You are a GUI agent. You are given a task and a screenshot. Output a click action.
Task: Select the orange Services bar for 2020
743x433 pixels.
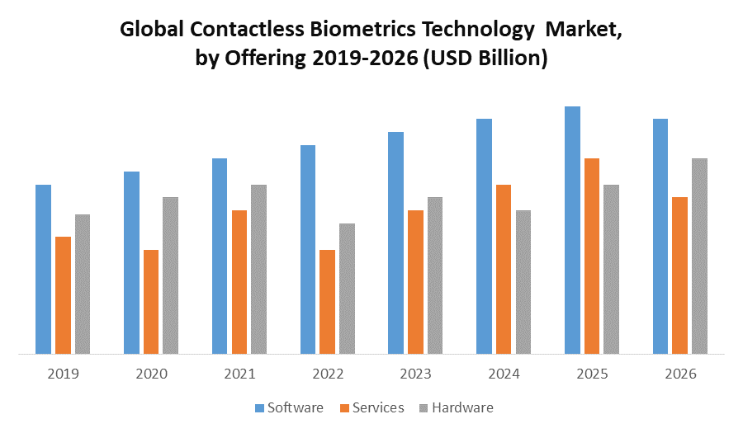tap(151, 302)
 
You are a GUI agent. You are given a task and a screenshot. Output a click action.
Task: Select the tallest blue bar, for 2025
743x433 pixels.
tap(572, 230)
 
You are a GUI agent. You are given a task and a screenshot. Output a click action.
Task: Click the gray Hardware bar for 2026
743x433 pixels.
tap(699, 257)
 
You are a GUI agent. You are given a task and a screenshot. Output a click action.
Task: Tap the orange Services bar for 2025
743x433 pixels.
tap(592, 257)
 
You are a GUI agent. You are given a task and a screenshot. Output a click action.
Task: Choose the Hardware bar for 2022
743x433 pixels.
tap(347, 289)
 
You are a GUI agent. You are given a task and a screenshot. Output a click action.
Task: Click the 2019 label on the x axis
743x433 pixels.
tap(63, 374)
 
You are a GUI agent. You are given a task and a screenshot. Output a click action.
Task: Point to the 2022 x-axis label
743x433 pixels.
tap(328, 374)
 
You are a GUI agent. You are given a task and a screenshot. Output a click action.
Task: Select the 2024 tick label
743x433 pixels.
tap(504, 374)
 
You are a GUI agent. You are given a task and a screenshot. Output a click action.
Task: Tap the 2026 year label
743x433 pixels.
tap(680, 374)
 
